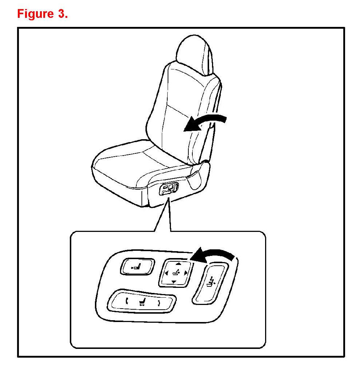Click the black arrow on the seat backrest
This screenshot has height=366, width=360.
tap(204, 122)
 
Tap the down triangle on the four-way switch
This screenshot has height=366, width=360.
tap(173, 282)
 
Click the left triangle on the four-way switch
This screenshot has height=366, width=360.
tap(165, 273)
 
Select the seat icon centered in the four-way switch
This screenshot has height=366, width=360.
tap(176, 273)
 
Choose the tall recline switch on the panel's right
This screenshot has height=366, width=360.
tap(210, 283)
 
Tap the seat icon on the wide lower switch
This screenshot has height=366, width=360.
tap(143, 302)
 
